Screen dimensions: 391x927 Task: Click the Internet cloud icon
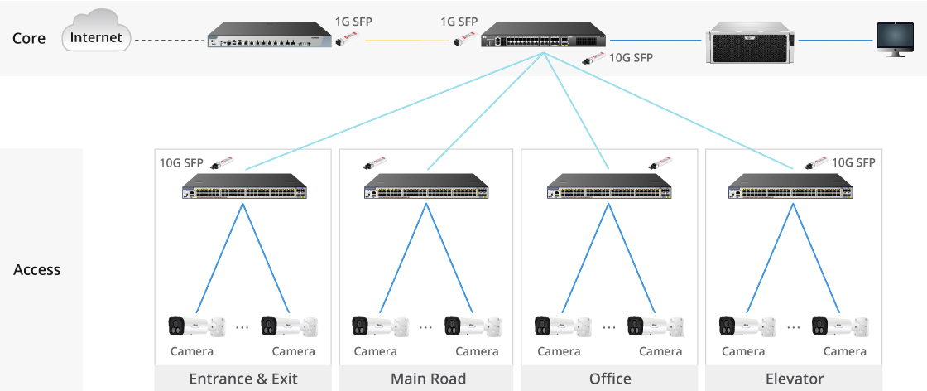point(96,37)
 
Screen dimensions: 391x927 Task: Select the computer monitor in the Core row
point(895,39)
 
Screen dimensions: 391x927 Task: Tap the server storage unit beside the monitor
point(750,40)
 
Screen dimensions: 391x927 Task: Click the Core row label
point(29,38)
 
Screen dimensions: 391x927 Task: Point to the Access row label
point(37,270)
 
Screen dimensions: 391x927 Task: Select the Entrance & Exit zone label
point(243,379)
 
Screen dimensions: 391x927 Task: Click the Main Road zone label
point(428,379)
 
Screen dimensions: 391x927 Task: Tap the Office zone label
point(610,379)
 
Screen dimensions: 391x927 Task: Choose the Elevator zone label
point(794,379)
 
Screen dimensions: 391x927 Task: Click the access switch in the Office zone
point(610,187)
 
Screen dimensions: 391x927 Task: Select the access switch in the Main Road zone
point(426,187)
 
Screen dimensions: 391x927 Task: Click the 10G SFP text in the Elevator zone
point(853,163)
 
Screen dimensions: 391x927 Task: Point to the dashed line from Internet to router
point(169,40)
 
